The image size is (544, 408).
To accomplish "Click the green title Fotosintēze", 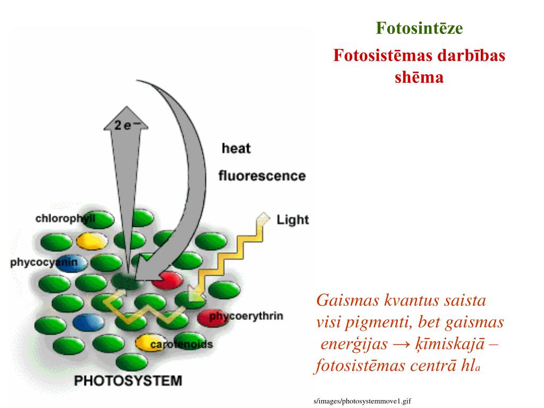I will tap(420, 28).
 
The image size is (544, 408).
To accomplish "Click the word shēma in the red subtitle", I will tap(419, 78).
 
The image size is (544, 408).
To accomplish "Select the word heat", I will tap(236, 148).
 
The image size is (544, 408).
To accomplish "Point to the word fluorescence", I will tap(262, 175).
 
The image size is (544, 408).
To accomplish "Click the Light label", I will tap(293, 219).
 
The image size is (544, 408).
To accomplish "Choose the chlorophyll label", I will tap(65, 218).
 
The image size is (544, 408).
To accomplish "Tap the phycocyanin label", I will tap(44, 262).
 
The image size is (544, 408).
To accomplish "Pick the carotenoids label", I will tap(181, 345).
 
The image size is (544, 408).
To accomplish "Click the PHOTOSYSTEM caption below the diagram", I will tap(127, 380).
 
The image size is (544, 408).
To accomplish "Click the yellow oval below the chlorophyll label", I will tap(92, 241).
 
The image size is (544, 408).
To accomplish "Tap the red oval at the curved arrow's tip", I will tap(168, 280).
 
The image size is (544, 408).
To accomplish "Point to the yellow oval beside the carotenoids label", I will tap(143, 343).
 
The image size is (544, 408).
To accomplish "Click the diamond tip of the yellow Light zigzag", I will tap(262, 217).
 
